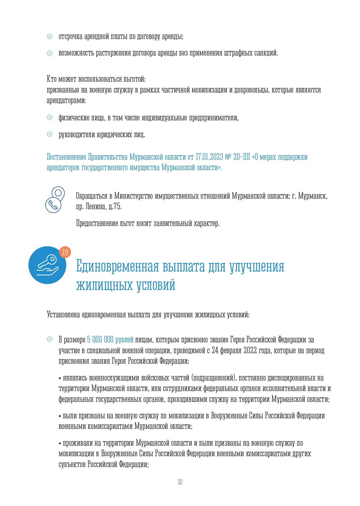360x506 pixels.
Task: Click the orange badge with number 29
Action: pos(65,252)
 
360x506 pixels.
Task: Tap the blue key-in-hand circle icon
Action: pos(47,265)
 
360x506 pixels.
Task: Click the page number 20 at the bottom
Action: pos(180,482)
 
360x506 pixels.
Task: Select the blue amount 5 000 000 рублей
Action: pos(110,340)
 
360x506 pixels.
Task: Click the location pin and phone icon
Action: pos(55,199)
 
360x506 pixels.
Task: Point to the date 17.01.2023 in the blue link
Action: pos(209,157)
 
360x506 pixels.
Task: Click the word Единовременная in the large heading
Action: pos(118,266)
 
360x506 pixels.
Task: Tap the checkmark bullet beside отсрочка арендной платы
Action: pos(50,36)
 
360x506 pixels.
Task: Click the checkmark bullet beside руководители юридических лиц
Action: pos(50,134)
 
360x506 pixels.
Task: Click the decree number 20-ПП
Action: pos(242,157)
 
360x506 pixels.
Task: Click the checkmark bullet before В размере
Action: pos(50,339)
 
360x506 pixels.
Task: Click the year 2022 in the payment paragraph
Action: pos(250,350)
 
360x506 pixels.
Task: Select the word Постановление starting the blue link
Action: pos(66,157)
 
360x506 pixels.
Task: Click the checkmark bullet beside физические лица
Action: pos(50,117)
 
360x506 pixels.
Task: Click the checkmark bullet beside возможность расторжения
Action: pos(50,53)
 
